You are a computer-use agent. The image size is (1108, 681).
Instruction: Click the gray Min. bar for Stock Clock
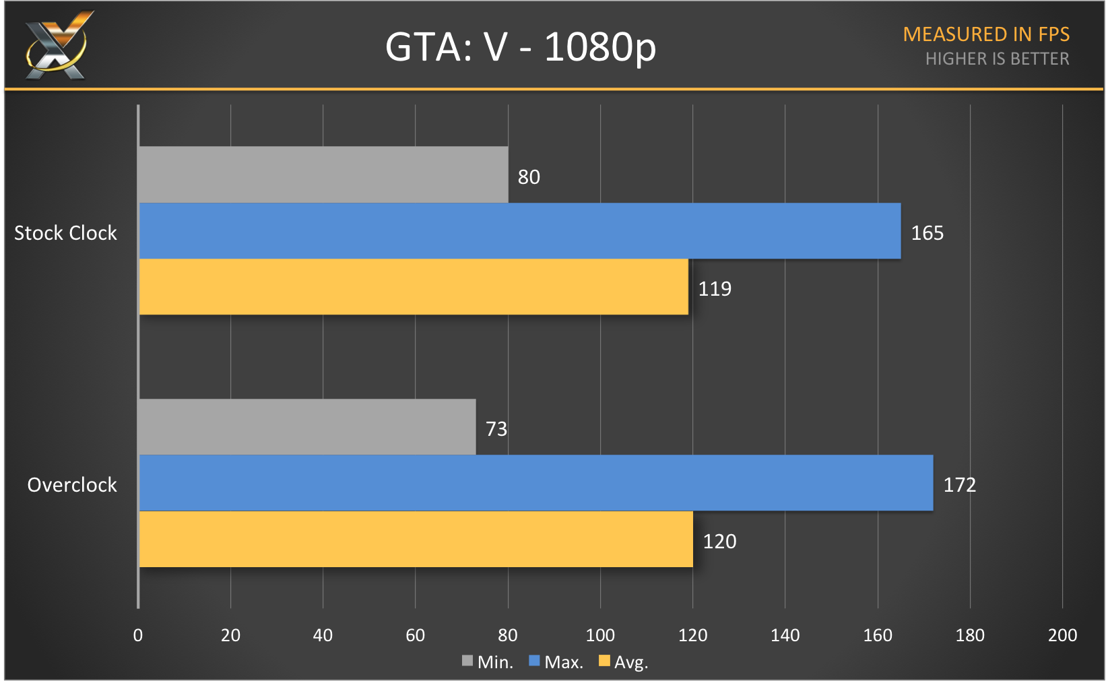pyautogui.click(x=323, y=174)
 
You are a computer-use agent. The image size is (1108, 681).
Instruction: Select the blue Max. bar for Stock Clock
pyautogui.click(x=519, y=231)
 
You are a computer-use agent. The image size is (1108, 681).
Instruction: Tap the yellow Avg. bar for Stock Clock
pyautogui.click(x=414, y=287)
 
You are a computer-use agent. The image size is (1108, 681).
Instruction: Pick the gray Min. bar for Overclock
pyautogui.click(x=307, y=427)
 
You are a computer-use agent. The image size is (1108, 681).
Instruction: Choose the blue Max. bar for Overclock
pyautogui.click(x=535, y=483)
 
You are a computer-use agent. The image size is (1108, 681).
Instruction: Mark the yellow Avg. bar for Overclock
pyautogui.click(x=416, y=540)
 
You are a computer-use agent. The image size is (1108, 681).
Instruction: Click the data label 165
pyautogui.click(x=927, y=233)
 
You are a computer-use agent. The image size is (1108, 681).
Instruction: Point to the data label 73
pyautogui.click(x=496, y=429)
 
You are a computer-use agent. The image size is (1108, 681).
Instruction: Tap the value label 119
pyautogui.click(x=715, y=289)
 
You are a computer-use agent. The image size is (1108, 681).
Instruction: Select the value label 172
pyautogui.click(x=959, y=485)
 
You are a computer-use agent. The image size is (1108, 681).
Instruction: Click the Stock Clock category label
pyautogui.click(x=65, y=233)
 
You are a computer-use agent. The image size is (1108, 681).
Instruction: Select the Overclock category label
pyautogui.click(x=72, y=485)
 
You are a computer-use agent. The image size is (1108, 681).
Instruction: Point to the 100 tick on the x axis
pyautogui.click(x=600, y=635)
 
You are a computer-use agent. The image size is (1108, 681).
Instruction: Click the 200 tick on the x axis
pyautogui.click(x=1062, y=635)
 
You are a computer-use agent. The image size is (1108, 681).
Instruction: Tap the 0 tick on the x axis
pyautogui.click(x=138, y=635)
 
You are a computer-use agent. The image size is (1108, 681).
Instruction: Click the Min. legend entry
pyautogui.click(x=488, y=662)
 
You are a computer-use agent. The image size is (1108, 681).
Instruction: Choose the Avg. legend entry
pyautogui.click(x=624, y=662)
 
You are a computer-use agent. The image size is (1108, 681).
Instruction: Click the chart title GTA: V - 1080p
pyautogui.click(x=520, y=47)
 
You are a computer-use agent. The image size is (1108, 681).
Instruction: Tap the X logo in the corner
pyautogui.click(x=58, y=46)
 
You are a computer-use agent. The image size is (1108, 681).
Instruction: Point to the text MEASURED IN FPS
pyautogui.click(x=986, y=34)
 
